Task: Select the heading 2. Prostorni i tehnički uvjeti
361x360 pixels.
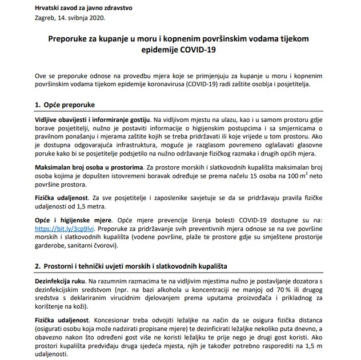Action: (137, 267)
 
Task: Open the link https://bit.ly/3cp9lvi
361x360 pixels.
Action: (64, 227)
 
